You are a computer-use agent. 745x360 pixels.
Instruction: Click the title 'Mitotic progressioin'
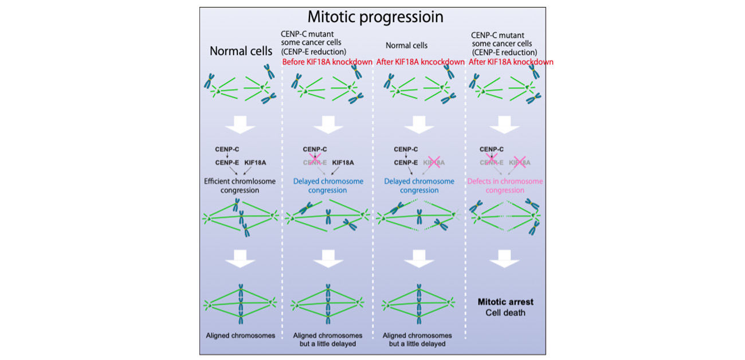(375, 17)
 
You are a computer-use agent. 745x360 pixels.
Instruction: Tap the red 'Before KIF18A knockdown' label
(327, 62)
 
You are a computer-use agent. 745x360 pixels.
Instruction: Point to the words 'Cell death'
(506, 312)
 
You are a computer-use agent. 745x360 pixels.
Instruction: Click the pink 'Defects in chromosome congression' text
(505, 186)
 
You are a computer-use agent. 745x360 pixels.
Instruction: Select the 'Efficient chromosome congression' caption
(241, 186)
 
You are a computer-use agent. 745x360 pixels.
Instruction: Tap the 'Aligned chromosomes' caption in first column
(241, 335)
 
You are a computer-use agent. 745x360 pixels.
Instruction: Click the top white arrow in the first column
(241, 124)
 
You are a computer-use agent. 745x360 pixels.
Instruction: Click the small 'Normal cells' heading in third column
(406, 45)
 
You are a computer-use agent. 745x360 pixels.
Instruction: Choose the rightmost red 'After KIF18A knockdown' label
(511, 62)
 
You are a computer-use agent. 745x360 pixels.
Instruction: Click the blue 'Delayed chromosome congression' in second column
(328, 186)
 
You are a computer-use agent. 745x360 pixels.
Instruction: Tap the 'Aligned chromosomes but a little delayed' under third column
(417, 339)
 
